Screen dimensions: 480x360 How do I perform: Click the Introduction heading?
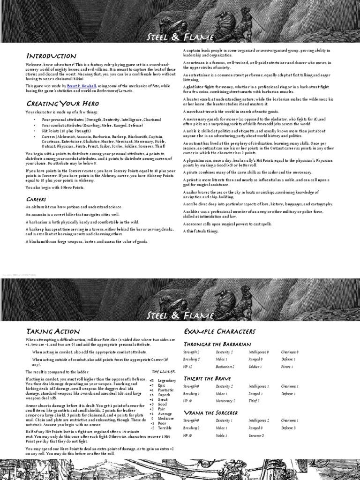point(51,56)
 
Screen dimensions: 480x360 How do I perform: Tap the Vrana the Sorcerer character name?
point(210,412)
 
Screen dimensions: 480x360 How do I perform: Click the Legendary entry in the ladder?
point(167,381)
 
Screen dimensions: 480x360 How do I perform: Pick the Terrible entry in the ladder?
point(165,428)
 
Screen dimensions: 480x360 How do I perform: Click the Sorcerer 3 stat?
point(256,435)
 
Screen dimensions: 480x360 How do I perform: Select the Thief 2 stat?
point(253,401)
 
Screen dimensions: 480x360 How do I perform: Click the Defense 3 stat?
point(288,428)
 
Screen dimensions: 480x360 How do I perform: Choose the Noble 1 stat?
point(222,435)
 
